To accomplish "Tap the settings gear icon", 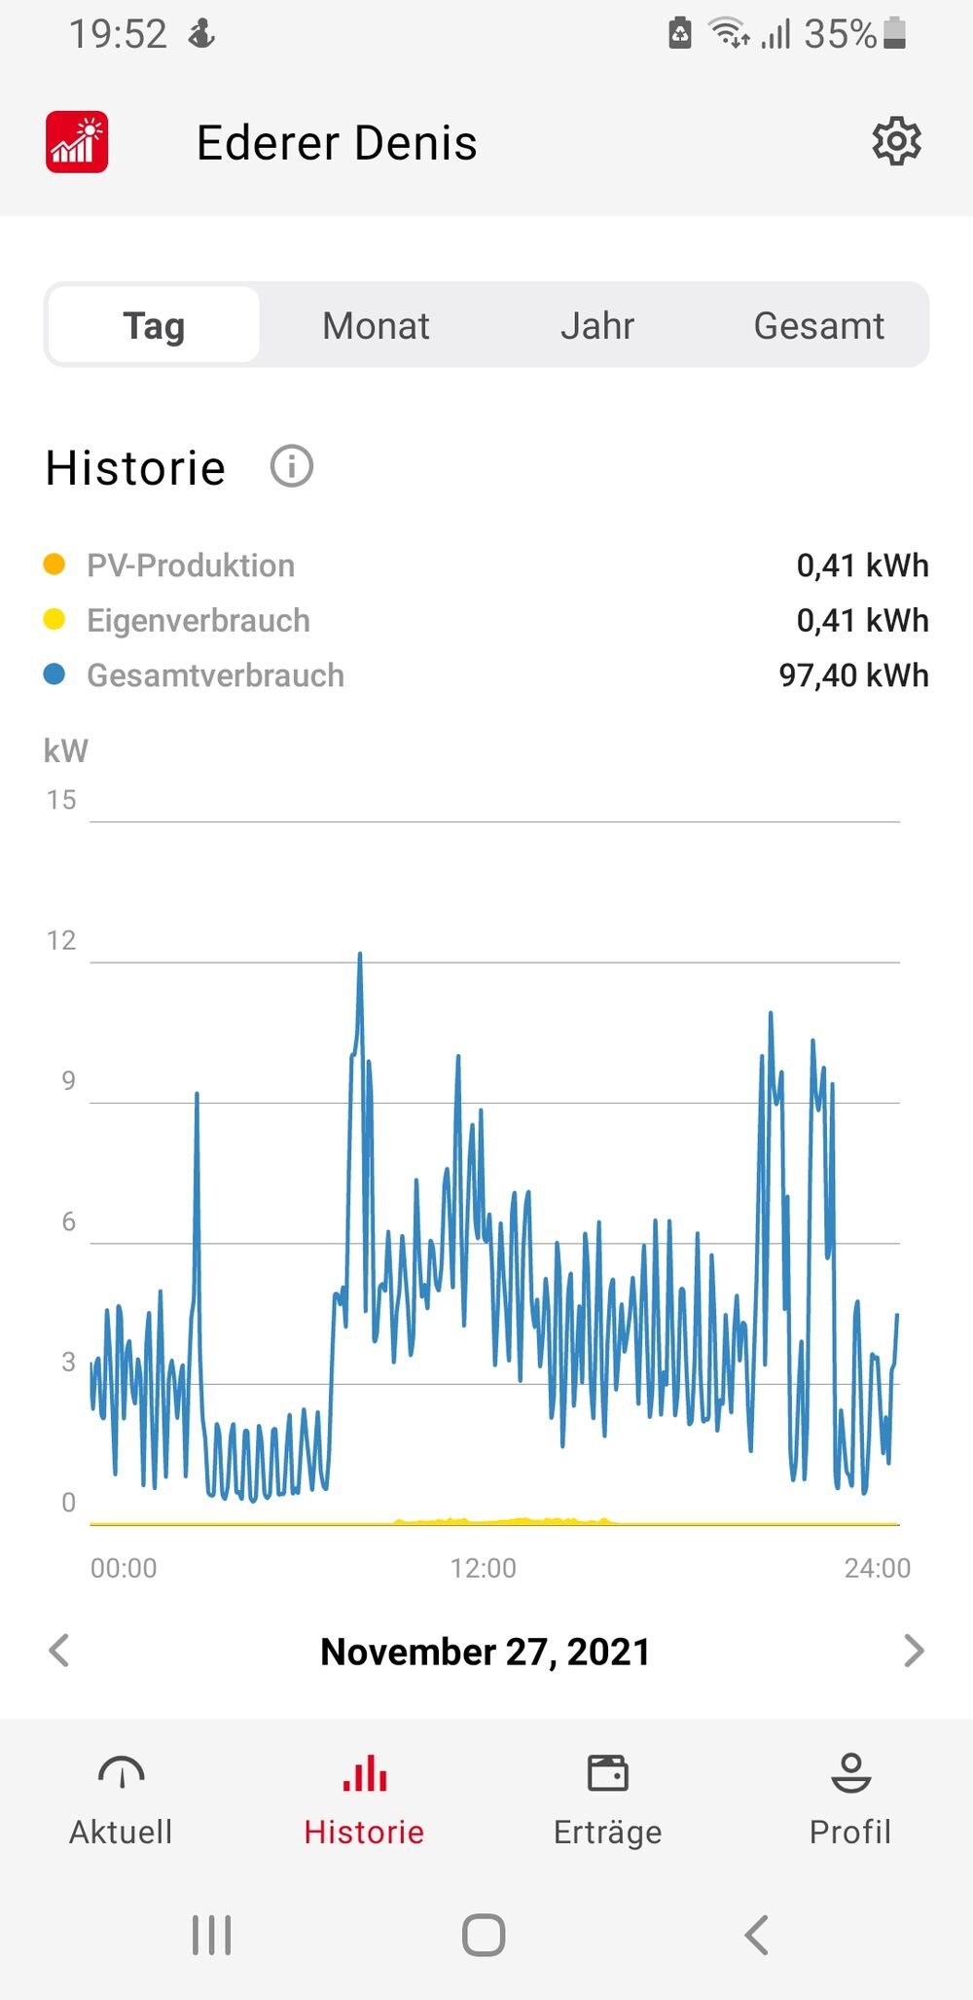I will pos(896,142).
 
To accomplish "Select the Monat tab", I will pos(376,326).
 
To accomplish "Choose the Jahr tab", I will pos(597,326).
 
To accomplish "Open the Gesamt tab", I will pos(818,326).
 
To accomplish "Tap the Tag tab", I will pos(154,326).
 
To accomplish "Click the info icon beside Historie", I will pos(291,466).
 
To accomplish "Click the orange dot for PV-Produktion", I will pos(54,564).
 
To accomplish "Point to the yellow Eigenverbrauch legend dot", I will pos(54,620).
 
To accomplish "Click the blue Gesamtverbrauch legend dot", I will pos(54,674).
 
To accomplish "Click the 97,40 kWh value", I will pos(853,675).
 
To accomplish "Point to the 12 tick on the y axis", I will pos(61,940).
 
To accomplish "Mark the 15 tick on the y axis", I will pos(61,800).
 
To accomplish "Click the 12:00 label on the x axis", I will pos(483,1568).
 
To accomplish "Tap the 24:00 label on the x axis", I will pos(877,1568).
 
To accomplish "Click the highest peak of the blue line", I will pos(360,956).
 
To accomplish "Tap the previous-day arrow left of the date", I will pos(59,1651).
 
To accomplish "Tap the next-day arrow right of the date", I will pos(913,1651).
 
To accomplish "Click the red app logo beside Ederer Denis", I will pos(77,142).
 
